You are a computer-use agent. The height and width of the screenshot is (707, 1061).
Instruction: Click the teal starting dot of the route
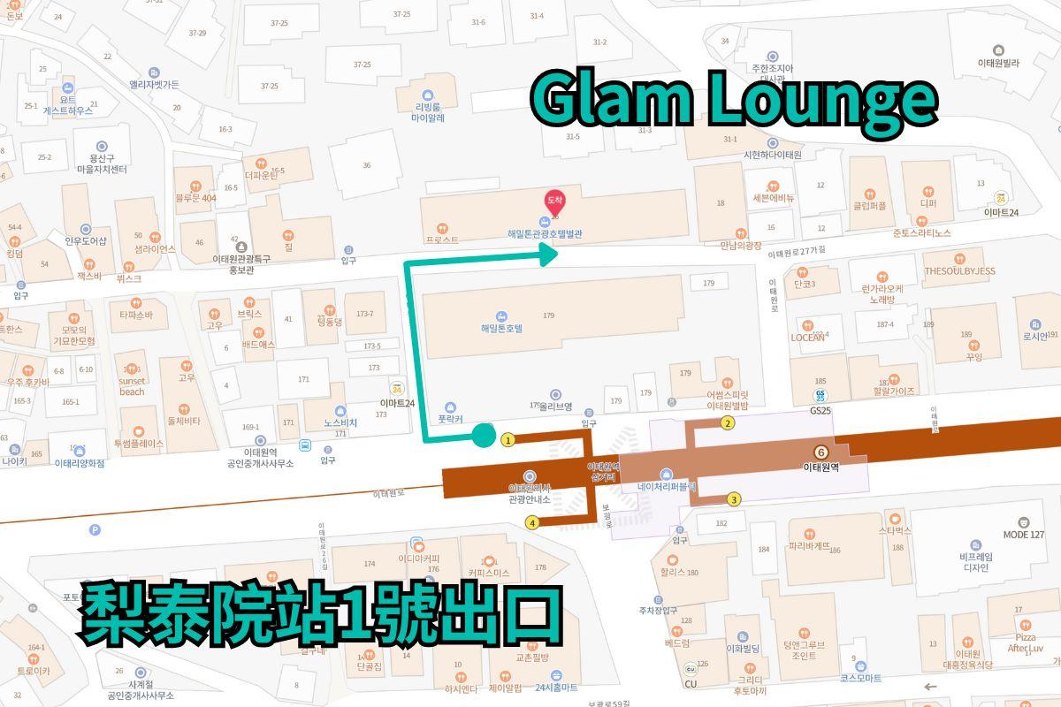click(x=483, y=434)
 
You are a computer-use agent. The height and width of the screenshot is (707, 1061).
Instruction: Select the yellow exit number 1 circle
click(x=508, y=439)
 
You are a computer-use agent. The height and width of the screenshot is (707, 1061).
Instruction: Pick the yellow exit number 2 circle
click(x=728, y=423)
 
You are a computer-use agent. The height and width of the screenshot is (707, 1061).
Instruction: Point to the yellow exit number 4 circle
click(x=532, y=522)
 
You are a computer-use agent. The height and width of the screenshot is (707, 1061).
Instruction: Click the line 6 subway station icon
click(x=821, y=451)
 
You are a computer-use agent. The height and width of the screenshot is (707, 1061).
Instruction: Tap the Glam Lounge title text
click(x=733, y=100)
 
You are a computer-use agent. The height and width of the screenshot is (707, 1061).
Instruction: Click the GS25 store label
click(x=821, y=411)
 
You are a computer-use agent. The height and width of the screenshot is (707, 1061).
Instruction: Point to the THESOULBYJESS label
click(x=959, y=270)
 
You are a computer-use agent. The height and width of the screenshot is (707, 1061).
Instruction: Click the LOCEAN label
click(x=808, y=338)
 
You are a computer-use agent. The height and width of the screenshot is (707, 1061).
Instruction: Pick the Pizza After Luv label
click(x=1025, y=642)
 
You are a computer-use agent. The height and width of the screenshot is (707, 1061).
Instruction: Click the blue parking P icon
click(x=95, y=530)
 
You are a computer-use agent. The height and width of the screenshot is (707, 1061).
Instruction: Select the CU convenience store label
click(x=690, y=683)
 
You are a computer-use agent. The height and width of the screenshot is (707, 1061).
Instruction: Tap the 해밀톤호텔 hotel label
click(x=501, y=327)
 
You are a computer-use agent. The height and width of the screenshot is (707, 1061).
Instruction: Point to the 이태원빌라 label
click(x=998, y=63)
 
